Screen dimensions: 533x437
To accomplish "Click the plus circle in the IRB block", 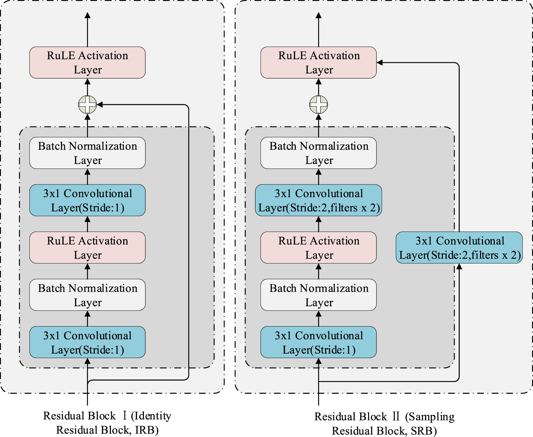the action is [87, 104].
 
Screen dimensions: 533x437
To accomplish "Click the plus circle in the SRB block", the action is [318, 104].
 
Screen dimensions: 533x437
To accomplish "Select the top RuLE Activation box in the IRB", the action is [87, 62].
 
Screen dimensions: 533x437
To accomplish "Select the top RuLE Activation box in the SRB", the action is [318, 62].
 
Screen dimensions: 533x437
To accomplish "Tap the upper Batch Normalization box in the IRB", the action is [87, 153].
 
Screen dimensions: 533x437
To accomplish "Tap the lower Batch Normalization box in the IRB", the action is [87, 295].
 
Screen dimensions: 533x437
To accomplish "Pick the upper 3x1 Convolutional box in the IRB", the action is [87, 200].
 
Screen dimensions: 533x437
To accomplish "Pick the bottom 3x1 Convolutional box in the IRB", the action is [87, 342].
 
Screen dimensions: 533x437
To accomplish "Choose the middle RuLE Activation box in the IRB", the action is [87, 247].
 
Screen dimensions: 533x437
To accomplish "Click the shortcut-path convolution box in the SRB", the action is [459, 247].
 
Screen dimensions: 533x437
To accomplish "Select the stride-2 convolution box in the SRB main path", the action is [318, 200].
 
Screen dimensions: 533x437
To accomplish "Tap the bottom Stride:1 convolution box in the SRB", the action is [318, 342].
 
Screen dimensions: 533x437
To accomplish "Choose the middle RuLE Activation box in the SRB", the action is [318, 247].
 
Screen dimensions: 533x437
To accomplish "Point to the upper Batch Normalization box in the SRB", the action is [318, 153].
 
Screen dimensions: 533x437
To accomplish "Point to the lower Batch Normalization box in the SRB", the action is [318, 295].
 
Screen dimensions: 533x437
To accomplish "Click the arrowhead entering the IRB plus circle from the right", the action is [100, 104].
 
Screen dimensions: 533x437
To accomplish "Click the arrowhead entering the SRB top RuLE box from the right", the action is [379, 62].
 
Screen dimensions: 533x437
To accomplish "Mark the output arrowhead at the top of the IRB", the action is [87, 15].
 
